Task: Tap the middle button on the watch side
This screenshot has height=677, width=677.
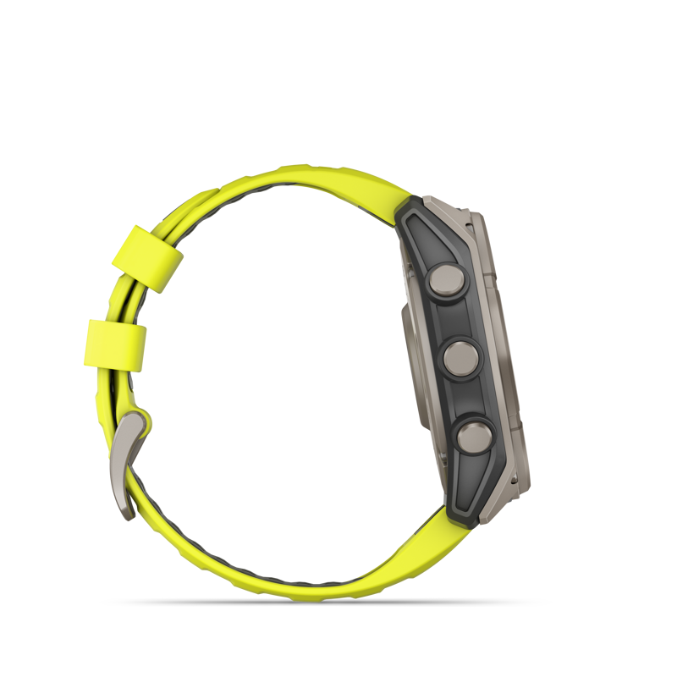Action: pyautogui.click(x=459, y=356)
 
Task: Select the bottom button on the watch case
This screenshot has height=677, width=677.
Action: pyautogui.click(x=471, y=437)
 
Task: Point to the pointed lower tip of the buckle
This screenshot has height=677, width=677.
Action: pyautogui.click(x=127, y=513)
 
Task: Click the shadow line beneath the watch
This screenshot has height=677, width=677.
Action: pyautogui.click(x=338, y=603)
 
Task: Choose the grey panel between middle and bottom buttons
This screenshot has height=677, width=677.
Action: pyautogui.click(x=465, y=396)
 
